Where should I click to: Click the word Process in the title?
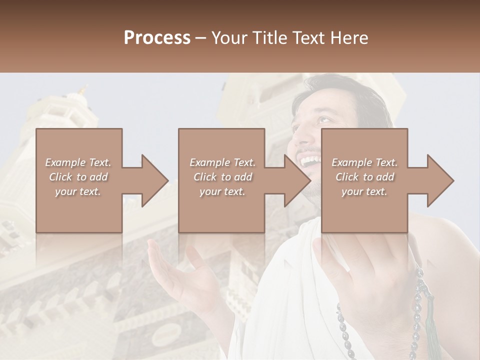(157, 38)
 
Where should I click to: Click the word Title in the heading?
(269, 38)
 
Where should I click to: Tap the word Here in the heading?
(349, 38)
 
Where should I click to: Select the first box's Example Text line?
(78, 162)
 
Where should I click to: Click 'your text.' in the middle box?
(222, 191)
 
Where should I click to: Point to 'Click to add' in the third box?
(364, 177)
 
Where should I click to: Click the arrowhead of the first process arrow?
(155, 180)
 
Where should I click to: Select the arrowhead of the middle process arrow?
(297, 180)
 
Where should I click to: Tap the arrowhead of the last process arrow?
(440, 180)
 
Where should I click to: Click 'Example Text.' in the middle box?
(222, 162)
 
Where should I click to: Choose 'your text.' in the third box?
(364, 191)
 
